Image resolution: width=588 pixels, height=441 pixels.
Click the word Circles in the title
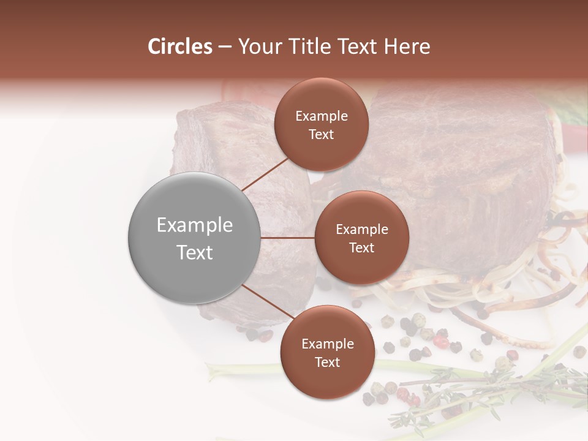pos(180,47)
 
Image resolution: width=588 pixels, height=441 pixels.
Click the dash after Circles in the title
pos(225,47)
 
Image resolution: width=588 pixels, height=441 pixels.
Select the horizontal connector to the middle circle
pos(288,238)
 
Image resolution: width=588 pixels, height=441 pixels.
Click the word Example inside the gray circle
pos(195,225)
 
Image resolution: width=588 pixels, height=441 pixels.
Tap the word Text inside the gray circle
pos(195,252)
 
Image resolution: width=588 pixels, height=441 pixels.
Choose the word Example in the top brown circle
pos(322,116)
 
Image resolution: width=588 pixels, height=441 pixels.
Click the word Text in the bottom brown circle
pos(327,362)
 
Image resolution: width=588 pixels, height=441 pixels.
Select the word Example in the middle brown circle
pos(361,230)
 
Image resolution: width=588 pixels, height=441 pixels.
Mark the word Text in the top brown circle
pos(322,134)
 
